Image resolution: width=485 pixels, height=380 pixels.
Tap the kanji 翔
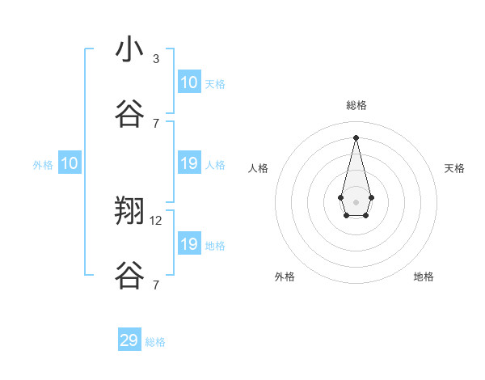tap(129, 212)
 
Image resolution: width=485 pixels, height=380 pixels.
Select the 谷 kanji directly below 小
tap(129, 114)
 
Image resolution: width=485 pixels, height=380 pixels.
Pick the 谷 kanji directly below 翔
tap(129, 276)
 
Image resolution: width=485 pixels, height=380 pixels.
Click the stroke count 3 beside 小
tap(156, 58)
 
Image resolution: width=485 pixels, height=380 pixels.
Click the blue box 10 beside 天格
tap(188, 82)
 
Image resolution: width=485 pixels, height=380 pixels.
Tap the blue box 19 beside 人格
tap(188, 163)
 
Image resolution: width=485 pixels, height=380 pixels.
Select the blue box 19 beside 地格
tap(188, 244)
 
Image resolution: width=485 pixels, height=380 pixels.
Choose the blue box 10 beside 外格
tap(69, 163)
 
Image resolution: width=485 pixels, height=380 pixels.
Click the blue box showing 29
tap(129, 340)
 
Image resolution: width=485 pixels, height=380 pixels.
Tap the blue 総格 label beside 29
tap(155, 342)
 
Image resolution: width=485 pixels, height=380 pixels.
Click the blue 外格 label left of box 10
tap(43, 164)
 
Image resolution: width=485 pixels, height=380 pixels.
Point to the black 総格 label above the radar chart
tap(356, 105)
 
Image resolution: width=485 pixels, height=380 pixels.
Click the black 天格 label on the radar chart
tap(455, 168)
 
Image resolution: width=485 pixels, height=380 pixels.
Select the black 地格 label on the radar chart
tap(424, 277)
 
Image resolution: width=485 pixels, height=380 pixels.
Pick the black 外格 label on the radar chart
tap(285, 277)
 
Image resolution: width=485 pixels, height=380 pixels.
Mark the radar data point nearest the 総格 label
tap(356, 137)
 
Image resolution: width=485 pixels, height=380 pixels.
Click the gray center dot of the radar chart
tap(356, 201)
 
